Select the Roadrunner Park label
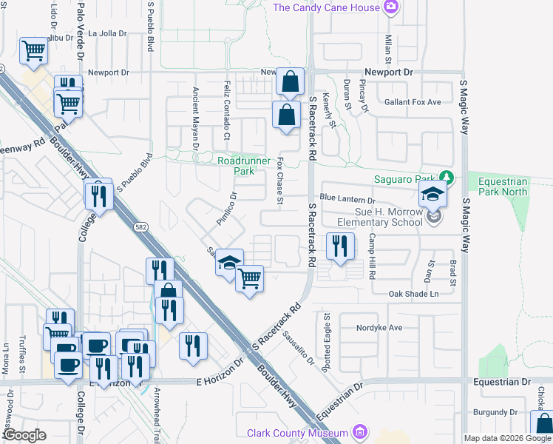(236, 165)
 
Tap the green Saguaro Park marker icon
(446, 178)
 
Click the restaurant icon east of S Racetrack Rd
(339, 246)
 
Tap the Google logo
(24, 435)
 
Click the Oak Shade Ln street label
(414, 294)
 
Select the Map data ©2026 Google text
(507, 438)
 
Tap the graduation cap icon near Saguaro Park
(432, 196)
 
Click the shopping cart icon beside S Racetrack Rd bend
(250, 278)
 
